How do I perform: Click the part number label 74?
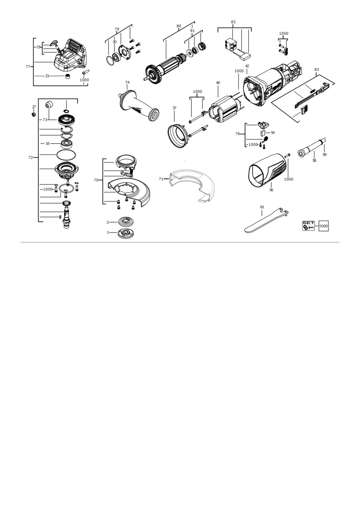coord(127,82)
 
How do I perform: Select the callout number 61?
coord(262,207)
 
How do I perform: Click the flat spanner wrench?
coord(266,221)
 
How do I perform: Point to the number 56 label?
coord(271,190)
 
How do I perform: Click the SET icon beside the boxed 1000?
coord(308,226)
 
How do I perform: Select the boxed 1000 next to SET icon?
coord(324,226)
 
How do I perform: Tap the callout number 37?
coord(174,108)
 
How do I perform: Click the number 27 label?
coord(34,107)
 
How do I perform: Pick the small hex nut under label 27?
coord(34,114)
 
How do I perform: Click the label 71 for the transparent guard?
coord(161,179)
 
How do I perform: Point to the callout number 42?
coord(247,66)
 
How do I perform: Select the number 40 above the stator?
coord(218,83)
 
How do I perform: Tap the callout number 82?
coord(233,22)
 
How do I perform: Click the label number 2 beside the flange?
coord(108,222)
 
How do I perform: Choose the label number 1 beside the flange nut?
coord(108,233)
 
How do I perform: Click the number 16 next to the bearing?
coord(48,143)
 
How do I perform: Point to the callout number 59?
coord(324,155)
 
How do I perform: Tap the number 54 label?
coord(273,133)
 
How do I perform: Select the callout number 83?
coord(317,70)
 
